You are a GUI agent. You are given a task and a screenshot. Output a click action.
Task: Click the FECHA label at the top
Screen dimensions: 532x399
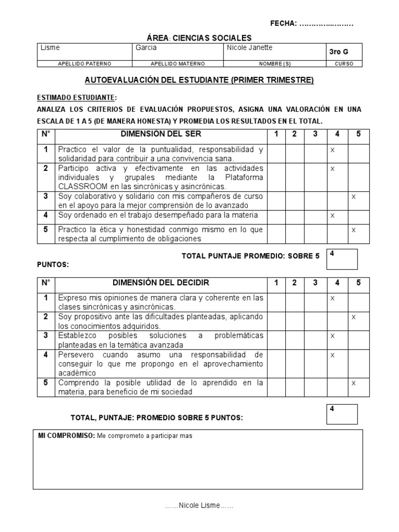pyautogui.click(x=284, y=23)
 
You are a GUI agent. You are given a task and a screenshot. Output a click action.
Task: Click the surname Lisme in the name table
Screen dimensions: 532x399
pyautogui.click(x=50, y=48)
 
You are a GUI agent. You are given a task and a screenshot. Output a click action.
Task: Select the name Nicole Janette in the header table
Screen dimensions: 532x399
pyautogui.click(x=249, y=48)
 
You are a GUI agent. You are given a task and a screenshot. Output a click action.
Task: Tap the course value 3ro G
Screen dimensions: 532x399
pyautogui.click(x=339, y=52)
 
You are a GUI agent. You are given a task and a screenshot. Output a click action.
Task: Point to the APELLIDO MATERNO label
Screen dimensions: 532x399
pyautogui.click(x=177, y=64)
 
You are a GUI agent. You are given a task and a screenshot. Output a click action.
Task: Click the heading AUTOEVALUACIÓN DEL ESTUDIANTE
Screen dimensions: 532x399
pyautogui.click(x=199, y=81)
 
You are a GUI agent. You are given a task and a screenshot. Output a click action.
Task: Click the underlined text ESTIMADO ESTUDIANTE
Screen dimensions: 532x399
pyautogui.click(x=75, y=98)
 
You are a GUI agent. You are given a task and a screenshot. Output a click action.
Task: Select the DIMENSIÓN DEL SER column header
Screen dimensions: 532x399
pyautogui.click(x=161, y=134)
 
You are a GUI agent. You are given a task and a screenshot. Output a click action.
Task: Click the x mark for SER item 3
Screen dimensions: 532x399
pyautogui.click(x=353, y=196)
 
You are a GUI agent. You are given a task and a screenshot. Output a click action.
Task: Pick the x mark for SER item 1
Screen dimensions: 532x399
pyautogui.click(x=332, y=150)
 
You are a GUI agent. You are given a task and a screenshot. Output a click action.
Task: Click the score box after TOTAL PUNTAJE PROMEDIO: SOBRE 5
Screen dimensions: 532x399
pyautogui.click(x=342, y=259)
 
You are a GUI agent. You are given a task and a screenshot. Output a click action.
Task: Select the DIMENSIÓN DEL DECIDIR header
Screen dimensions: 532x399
pyautogui.click(x=161, y=283)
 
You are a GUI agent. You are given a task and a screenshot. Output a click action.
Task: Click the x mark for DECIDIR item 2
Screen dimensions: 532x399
pyautogui.click(x=353, y=316)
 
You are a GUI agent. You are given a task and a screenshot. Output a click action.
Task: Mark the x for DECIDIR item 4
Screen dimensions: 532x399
pyautogui.click(x=332, y=354)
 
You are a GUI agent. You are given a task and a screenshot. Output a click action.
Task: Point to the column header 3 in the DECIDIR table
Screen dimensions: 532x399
pyautogui.click(x=315, y=283)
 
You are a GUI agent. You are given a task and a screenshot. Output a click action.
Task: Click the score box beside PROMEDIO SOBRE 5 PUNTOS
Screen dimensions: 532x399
pyautogui.click(x=342, y=414)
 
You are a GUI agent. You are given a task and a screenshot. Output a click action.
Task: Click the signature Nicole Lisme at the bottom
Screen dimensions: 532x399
pyautogui.click(x=199, y=506)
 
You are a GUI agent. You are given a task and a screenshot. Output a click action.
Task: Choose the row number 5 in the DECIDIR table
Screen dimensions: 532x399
pyautogui.click(x=46, y=383)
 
